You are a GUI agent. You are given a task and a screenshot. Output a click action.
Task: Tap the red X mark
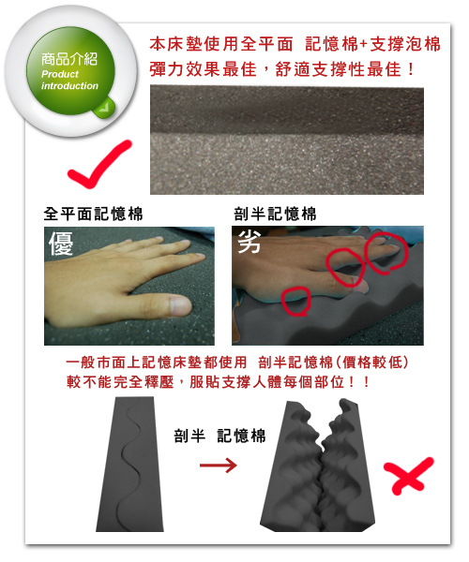click(x=408, y=476)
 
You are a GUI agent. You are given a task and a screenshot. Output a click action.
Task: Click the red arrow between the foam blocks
click(x=219, y=466)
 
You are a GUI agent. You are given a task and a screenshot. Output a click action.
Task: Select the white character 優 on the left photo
click(x=61, y=244)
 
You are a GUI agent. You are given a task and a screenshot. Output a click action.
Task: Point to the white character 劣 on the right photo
click(x=249, y=241)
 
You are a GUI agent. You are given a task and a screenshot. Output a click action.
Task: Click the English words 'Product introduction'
click(x=69, y=80)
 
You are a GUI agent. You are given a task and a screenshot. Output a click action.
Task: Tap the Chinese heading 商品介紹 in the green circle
click(x=69, y=59)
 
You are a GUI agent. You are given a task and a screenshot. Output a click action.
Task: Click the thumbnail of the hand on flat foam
click(x=129, y=286)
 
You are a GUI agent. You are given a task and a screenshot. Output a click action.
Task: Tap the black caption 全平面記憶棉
click(x=93, y=214)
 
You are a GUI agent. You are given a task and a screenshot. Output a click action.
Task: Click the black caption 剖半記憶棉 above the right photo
click(x=275, y=214)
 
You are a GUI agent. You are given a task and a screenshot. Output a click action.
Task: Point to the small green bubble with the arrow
click(x=104, y=107)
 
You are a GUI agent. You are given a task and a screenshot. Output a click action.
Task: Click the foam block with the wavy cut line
click(x=129, y=464)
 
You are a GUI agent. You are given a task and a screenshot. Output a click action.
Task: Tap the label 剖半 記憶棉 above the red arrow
click(x=219, y=436)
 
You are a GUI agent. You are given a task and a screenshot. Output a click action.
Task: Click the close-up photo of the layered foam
click(x=287, y=140)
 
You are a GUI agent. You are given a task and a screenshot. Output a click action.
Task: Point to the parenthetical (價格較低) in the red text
click(x=371, y=362)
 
